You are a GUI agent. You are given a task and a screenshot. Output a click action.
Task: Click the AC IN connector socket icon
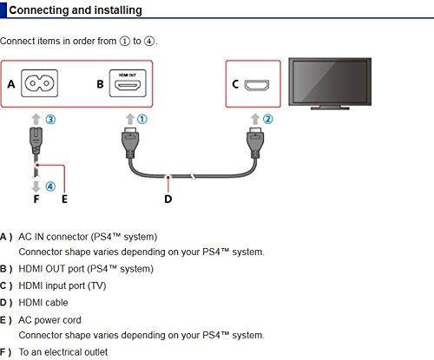point(39,83)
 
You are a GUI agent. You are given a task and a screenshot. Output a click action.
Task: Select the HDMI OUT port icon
point(128,83)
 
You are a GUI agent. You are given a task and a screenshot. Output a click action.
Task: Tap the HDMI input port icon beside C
point(257,85)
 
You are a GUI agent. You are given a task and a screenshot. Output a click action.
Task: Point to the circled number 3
point(50,120)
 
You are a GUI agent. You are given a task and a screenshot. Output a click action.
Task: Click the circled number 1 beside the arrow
point(142,119)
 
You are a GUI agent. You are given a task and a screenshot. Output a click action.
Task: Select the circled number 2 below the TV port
point(267,119)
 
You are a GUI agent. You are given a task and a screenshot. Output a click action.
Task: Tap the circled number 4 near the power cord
point(50,187)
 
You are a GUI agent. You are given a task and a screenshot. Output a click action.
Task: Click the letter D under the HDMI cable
point(168,199)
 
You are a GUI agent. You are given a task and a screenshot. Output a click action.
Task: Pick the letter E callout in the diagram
point(64,199)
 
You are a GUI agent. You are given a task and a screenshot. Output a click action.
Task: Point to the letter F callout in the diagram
point(36,199)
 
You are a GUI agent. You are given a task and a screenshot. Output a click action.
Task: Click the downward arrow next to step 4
point(36,187)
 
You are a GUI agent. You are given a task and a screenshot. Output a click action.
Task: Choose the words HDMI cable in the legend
point(43,303)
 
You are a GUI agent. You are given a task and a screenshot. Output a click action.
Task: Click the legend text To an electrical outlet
point(63,352)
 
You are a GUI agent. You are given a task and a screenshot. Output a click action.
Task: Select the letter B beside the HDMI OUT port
point(100,84)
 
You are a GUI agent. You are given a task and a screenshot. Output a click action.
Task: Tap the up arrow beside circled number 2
point(255,119)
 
